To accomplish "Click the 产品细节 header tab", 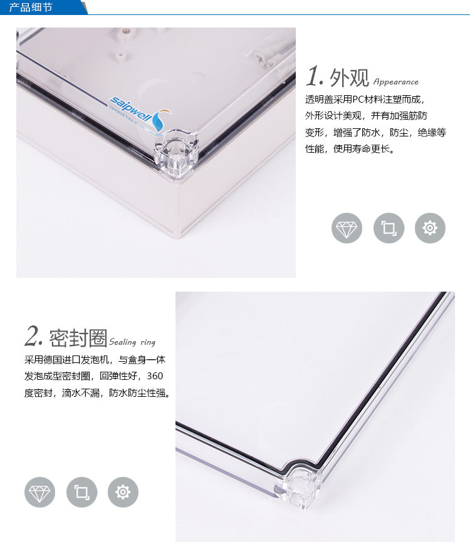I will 31,8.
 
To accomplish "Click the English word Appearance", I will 395,82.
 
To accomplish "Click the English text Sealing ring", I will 132,342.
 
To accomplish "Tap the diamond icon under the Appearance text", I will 347,228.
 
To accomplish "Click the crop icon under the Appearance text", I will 389,228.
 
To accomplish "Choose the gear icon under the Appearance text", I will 430,228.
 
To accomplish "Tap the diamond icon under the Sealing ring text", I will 40,492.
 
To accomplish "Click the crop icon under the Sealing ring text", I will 81,492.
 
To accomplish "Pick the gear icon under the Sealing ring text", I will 123,492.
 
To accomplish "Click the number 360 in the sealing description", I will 154,377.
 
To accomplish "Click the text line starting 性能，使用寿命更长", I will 349,150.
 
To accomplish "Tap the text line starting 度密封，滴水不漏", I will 97,394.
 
